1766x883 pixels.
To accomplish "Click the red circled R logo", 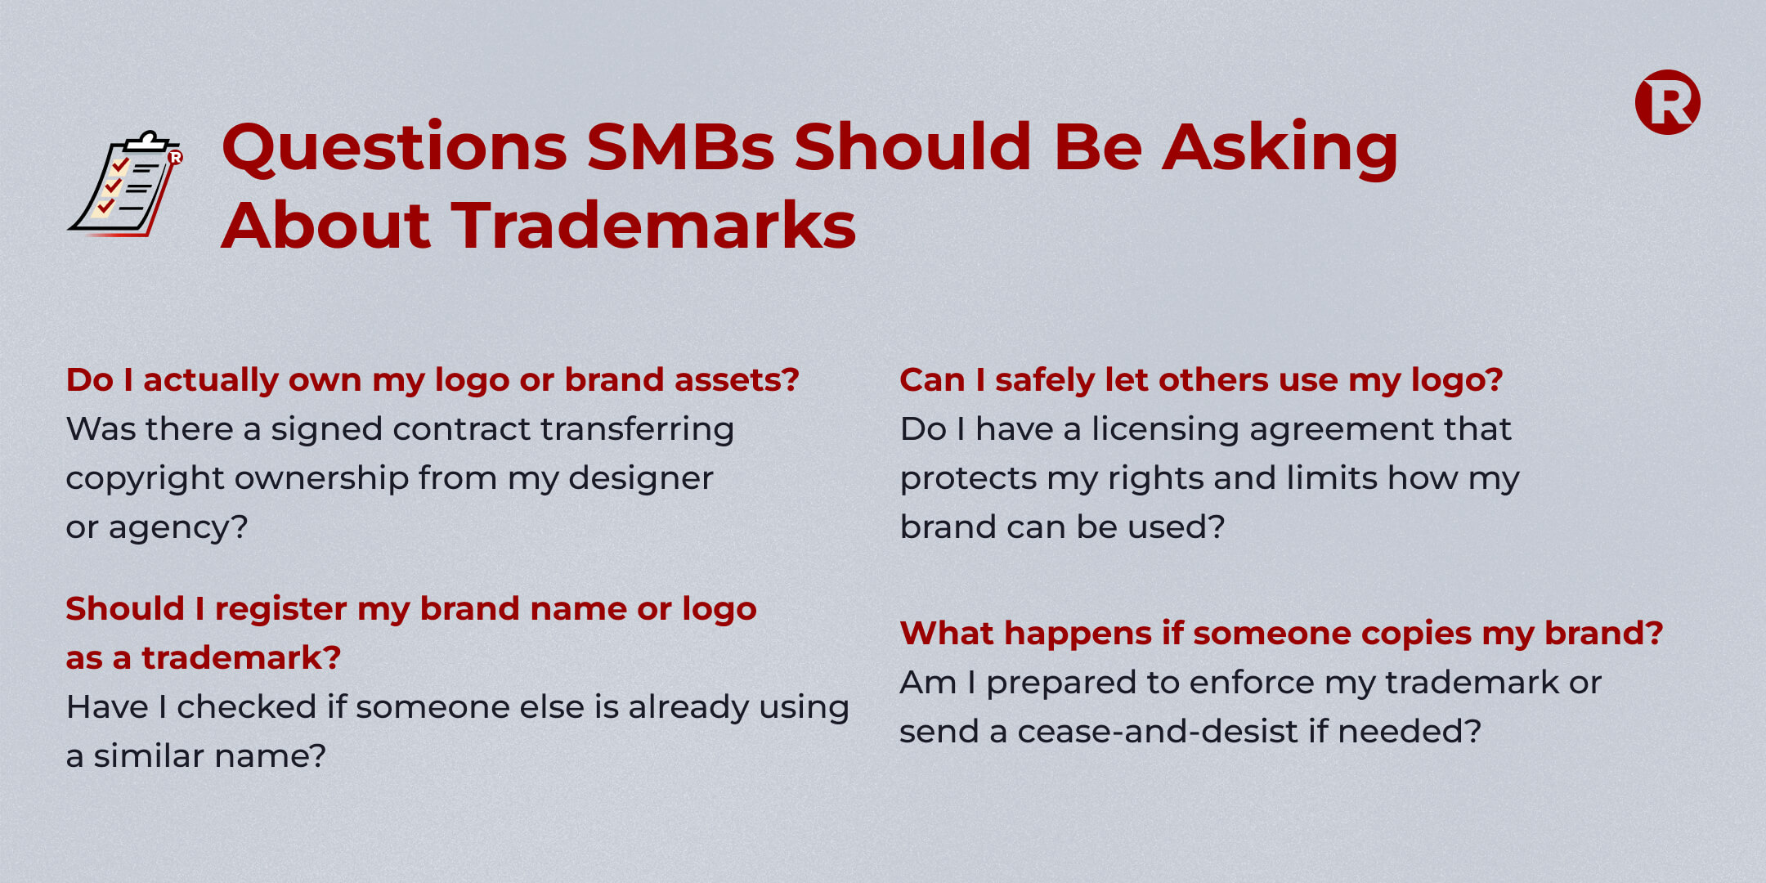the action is (1667, 103).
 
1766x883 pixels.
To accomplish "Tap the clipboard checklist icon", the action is (125, 184).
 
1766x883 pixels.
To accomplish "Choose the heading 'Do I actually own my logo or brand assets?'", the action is (433, 380).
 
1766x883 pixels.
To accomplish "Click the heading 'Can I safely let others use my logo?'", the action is (1201, 380).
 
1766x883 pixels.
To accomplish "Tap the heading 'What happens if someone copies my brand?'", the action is (1281, 634).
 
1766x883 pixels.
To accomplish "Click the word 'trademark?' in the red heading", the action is (241, 657).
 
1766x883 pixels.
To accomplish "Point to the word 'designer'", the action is (641, 479).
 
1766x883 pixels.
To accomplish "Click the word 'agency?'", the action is (178, 528).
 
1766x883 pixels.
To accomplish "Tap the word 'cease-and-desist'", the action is (1159, 731).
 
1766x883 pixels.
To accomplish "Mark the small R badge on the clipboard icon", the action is (175, 157).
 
